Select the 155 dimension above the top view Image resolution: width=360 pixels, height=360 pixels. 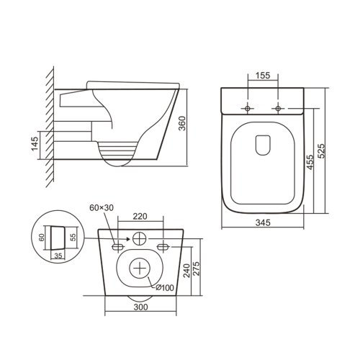(263, 74)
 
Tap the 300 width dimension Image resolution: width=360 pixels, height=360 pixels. (140, 307)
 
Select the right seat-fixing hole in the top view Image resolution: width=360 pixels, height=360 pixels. (279, 109)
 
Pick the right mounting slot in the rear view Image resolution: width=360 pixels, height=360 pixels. (164, 246)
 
